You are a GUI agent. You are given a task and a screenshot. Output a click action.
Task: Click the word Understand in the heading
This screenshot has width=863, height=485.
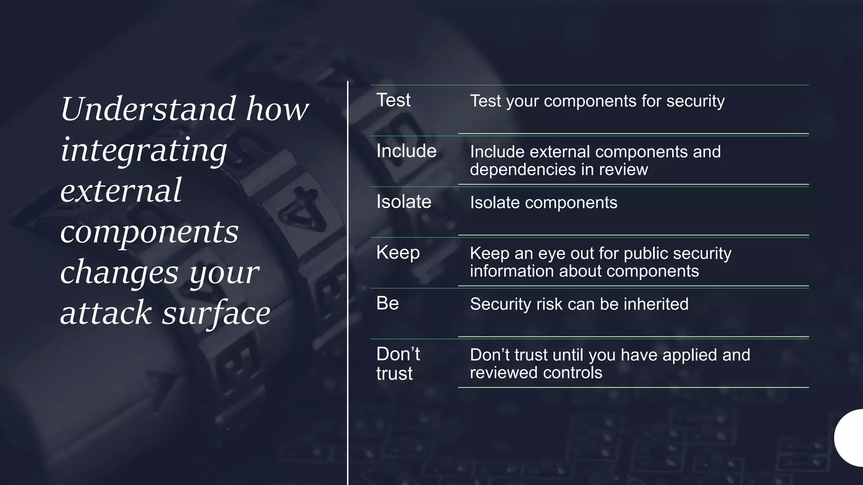pos(148,109)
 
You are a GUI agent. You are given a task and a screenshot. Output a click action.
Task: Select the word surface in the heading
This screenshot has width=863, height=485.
pos(216,313)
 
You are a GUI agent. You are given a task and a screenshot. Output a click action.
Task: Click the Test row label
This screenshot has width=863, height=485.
pos(393,101)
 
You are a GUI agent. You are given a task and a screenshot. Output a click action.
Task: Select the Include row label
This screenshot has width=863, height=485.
pos(406,151)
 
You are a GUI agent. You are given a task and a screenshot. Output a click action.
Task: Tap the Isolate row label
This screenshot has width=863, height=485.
pos(404,202)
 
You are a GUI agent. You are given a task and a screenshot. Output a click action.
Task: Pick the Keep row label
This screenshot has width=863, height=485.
pos(398,253)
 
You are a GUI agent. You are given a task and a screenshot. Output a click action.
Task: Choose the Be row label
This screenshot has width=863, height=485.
pos(387,304)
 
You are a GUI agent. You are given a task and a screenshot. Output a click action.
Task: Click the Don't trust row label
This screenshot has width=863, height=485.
pos(398,364)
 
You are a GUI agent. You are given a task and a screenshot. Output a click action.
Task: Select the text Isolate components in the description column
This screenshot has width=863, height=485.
pos(544,203)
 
